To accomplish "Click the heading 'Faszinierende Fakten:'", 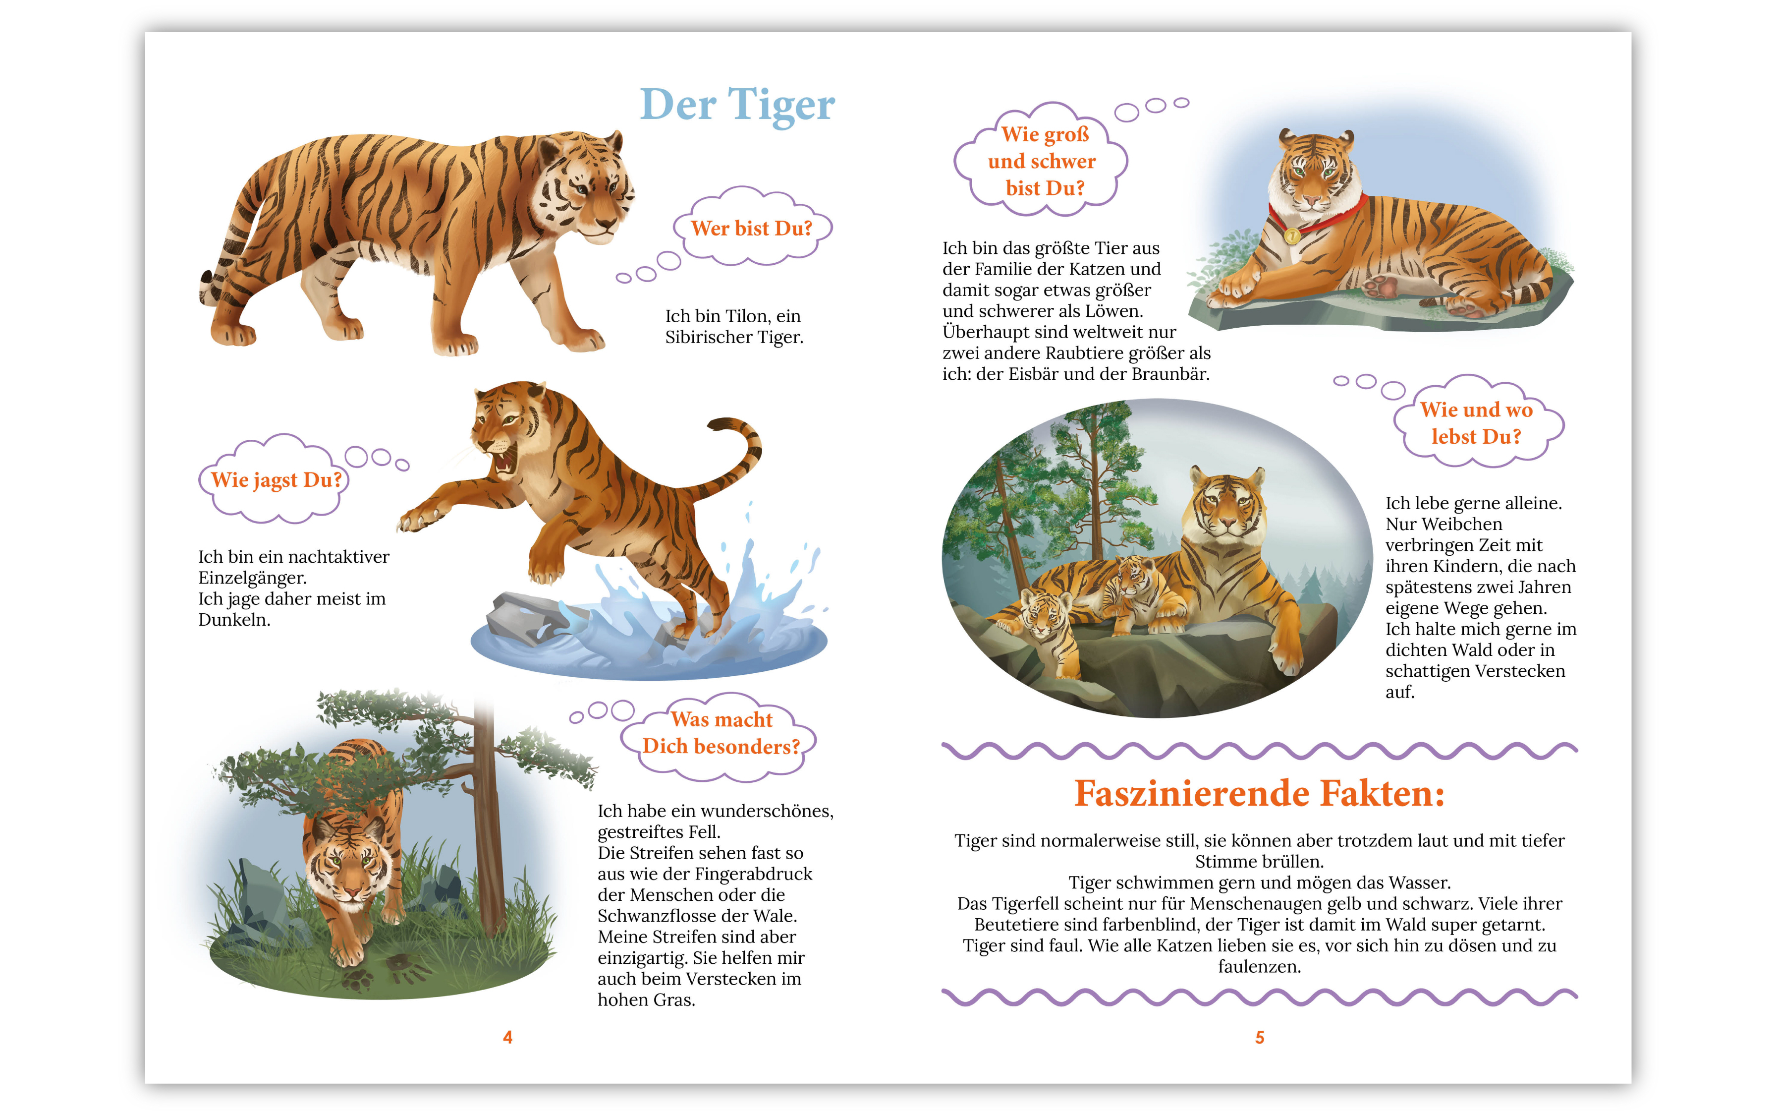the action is [1259, 793].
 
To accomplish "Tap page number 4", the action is [507, 1037].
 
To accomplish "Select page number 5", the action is [1259, 1037].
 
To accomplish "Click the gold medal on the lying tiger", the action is [1292, 235].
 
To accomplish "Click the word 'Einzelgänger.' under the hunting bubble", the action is [252, 578].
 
